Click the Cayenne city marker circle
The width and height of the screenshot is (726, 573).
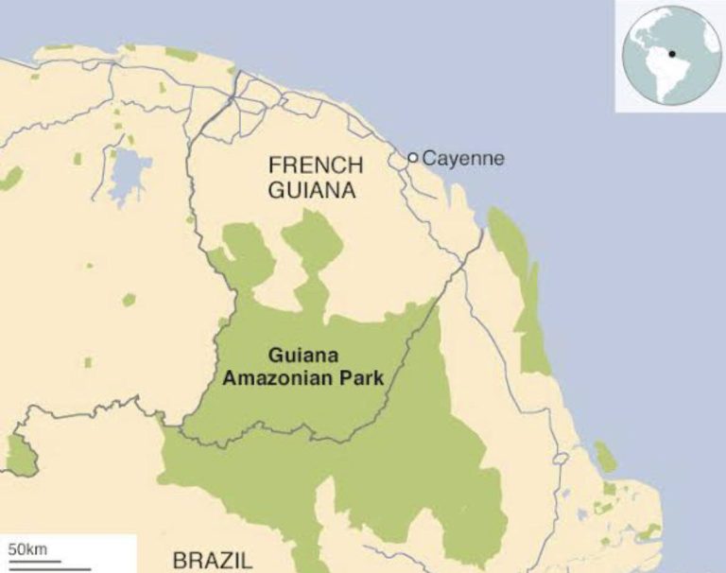tap(413, 158)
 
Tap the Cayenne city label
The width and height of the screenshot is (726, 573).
tap(463, 158)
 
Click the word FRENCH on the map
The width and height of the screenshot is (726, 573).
tap(316, 165)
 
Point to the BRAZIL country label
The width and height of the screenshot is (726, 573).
tap(213, 560)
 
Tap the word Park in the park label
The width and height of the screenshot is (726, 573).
tap(357, 378)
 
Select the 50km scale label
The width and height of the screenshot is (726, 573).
tap(27, 549)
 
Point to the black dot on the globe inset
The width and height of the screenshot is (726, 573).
tap(671, 54)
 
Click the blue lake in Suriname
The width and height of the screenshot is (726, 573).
tap(129, 176)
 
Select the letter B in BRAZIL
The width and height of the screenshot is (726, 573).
tap(180, 560)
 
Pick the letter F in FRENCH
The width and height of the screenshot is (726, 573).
tap(276, 165)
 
